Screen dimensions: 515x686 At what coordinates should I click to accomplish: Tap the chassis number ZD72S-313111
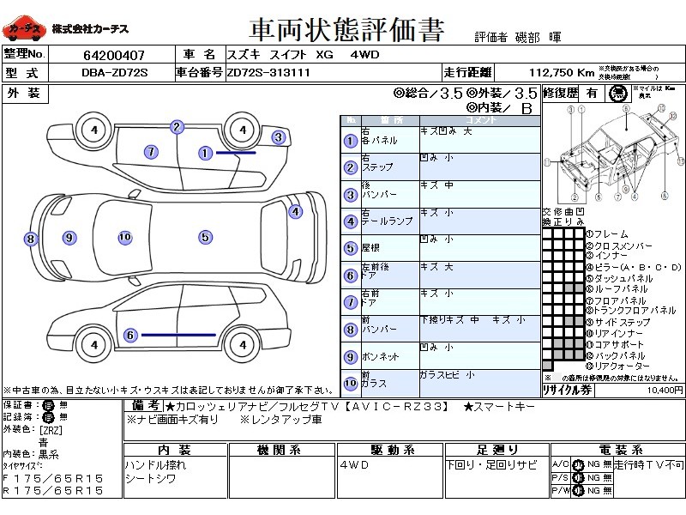tap(268, 73)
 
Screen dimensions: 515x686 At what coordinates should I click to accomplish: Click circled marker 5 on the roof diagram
tap(205, 237)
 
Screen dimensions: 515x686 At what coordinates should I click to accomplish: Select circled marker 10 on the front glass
tap(124, 237)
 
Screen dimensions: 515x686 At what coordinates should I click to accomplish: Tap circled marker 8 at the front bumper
tap(30, 239)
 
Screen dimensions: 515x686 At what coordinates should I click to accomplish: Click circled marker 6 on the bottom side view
tap(130, 336)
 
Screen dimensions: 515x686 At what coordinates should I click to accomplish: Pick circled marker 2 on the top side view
tap(177, 127)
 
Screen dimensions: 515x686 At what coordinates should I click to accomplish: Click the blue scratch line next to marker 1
tap(236, 153)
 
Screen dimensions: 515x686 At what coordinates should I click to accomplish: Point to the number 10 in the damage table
tap(350, 384)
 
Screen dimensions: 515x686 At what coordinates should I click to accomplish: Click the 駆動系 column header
tap(392, 450)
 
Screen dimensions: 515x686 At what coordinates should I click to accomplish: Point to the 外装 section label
tap(24, 93)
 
